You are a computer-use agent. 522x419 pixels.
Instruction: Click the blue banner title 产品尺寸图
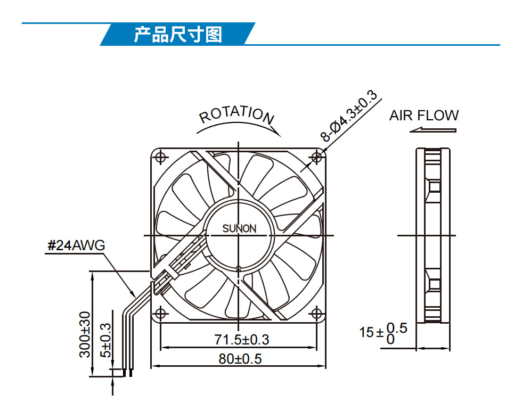[x=178, y=34]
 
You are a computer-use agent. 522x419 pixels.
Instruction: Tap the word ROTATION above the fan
[x=236, y=115]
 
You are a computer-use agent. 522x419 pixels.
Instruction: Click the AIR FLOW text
[x=424, y=116]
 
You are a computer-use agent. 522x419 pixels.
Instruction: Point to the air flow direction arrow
[x=433, y=130]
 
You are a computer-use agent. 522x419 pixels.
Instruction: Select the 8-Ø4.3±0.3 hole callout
[x=348, y=115]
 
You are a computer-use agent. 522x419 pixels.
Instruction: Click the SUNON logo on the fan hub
[x=239, y=228]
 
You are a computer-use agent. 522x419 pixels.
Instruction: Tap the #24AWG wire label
[x=76, y=245]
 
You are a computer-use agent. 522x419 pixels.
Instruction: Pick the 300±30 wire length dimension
[x=85, y=334]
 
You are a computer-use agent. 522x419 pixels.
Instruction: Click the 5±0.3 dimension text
[x=105, y=340]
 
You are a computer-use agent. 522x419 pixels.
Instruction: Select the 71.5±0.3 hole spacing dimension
[x=241, y=340]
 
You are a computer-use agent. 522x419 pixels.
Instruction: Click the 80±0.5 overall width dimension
[x=240, y=359]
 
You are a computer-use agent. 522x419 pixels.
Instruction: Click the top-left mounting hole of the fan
[x=160, y=157]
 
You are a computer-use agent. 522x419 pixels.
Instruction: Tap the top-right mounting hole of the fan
[x=317, y=157]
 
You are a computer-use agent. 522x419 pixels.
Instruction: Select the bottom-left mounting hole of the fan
[x=160, y=314]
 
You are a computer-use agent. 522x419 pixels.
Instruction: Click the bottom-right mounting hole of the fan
[x=317, y=314]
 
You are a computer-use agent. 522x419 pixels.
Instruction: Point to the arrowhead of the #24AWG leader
[x=133, y=294]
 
